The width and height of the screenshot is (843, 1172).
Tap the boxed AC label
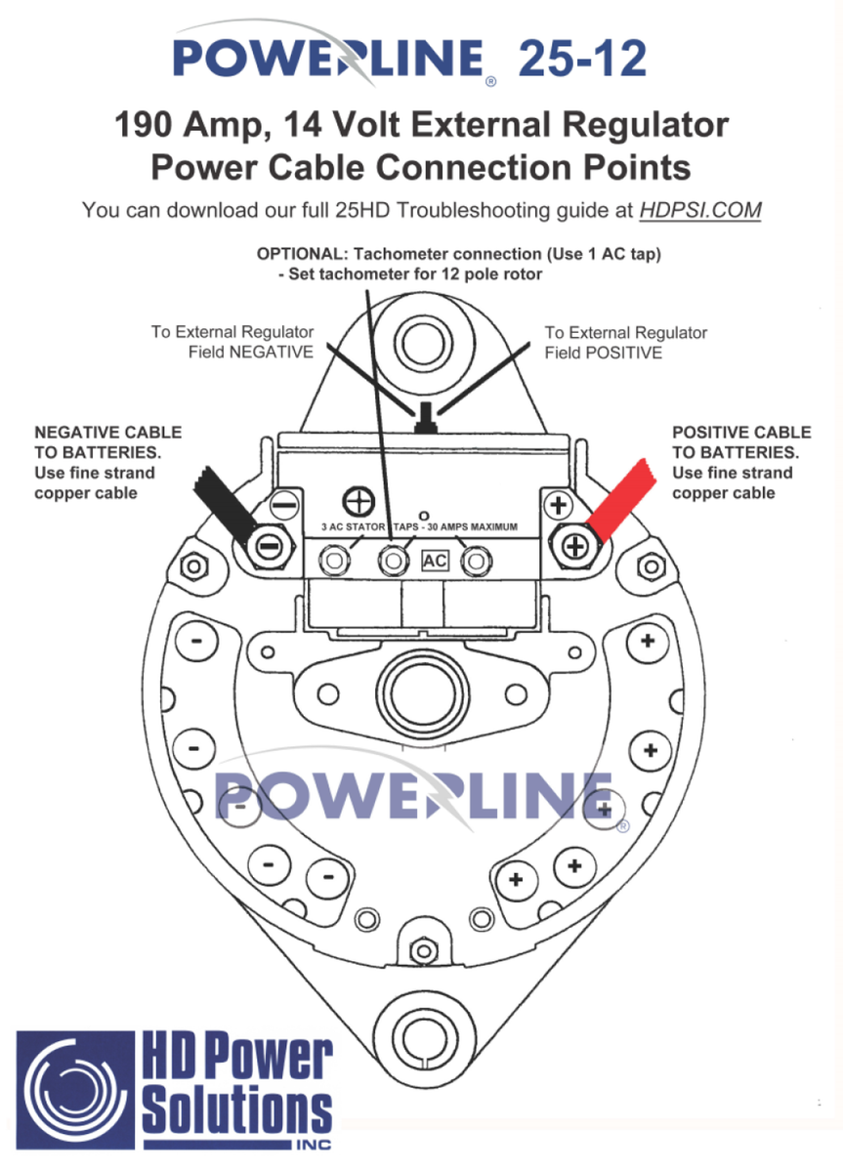click(435, 561)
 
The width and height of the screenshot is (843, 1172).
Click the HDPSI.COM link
click(699, 210)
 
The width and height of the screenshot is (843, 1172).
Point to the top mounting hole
click(423, 344)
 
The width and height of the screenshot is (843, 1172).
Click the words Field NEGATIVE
click(251, 353)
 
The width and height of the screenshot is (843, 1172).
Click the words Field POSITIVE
click(603, 353)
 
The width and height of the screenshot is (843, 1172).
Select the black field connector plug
click(426, 418)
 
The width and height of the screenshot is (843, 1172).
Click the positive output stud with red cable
click(574, 547)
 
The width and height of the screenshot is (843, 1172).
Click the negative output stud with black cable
click(269, 547)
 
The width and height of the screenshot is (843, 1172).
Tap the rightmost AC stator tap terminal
click(476, 562)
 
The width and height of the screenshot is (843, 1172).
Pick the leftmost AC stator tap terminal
click(334, 562)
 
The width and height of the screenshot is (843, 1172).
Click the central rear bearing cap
click(422, 694)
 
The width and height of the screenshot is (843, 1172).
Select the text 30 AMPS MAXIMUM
click(472, 526)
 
